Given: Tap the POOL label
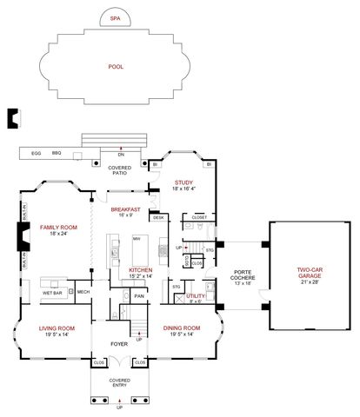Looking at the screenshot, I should pos(116,67).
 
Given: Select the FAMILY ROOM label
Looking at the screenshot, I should pos(58,228).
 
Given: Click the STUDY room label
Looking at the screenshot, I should pos(183,182).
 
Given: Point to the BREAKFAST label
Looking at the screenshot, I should pos(125,209).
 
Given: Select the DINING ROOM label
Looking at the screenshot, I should pos(182,328).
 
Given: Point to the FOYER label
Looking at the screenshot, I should pos(118,343).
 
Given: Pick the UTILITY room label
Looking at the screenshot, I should pos(196,296).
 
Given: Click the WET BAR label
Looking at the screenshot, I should pos(53,292).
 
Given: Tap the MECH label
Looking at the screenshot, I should pos(83,292).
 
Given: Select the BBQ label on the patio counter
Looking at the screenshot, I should pos(57,153).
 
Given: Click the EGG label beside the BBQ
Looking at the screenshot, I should pos(37,153).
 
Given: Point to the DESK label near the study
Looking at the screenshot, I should pos(157,217).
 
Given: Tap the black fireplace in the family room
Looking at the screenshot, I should pos(22,236).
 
